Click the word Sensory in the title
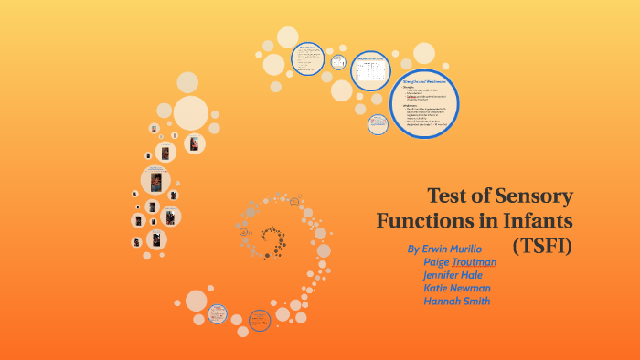coord(530,196)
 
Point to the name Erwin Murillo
coord(453,249)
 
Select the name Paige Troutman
coord(460,262)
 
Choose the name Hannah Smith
coord(456,301)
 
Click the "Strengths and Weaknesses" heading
coord(425,82)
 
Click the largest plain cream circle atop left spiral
coord(191,113)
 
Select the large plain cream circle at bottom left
coord(196,301)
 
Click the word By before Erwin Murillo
coord(413,249)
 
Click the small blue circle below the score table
coord(379,124)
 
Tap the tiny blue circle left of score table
coord(338,62)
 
